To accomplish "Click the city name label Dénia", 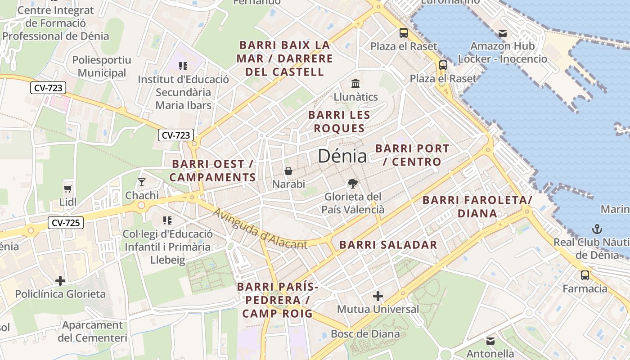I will click(x=342, y=156).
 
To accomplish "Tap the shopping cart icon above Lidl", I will click(x=68, y=189).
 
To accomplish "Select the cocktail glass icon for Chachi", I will click(x=142, y=182).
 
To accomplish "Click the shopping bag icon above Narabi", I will click(x=288, y=171).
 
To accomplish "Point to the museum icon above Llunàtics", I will click(x=355, y=84).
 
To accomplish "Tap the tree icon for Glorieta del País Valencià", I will click(x=353, y=183).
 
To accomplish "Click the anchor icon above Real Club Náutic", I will click(x=597, y=229).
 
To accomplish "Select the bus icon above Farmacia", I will click(x=585, y=275).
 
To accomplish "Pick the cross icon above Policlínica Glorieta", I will click(x=60, y=281).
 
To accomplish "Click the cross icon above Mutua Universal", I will click(x=378, y=296).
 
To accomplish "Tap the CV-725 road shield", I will click(x=66, y=222).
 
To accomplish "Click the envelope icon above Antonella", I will click(x=490, y=341).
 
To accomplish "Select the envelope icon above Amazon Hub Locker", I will click(x=502, y=33).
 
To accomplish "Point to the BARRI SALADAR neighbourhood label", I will click(x=388, y=245).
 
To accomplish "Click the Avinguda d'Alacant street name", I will click(x=260, y=229).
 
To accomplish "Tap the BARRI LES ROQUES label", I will click(x=339, y=121).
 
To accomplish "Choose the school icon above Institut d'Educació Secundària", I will click(x=183, y=66).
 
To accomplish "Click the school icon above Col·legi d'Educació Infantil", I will click(x=167, y=220).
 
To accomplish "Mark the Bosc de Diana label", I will click(x=365, y=333).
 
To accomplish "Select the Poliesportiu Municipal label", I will click(x=102, y=66).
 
